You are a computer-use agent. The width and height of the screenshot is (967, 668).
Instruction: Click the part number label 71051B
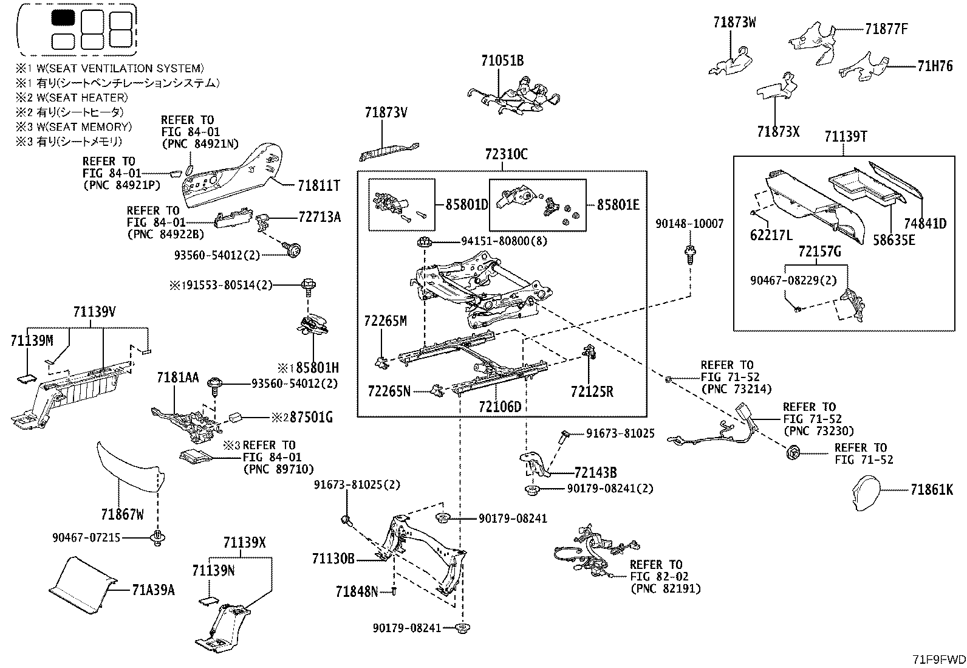pyautogui.click(x=502, y=61)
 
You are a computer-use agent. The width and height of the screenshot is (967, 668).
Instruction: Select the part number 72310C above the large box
pyautogui.click(x=506, y=154)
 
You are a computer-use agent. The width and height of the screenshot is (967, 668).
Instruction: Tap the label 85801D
pyautogui.click(x=466, y=205)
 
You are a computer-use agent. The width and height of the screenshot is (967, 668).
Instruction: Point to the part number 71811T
pyautogui.click(x=319, y=186)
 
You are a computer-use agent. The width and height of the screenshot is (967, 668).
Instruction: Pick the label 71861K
pyautogui.click(x=932, y=490)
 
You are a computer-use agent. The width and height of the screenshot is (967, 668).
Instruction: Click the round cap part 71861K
pyautogui.click(x=866, y=493)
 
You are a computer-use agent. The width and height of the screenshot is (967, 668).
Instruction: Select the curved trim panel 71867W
pyautogui.click(x=129, y=467)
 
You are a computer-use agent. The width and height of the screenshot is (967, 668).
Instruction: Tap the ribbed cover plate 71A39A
pyautogui.click(x=82, y=585)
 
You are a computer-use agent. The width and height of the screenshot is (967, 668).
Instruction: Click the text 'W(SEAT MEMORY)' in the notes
pyautogui.click(x=84, y=127)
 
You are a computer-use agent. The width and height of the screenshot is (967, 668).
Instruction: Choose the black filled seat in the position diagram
pyautogui.click(x=63, y=18)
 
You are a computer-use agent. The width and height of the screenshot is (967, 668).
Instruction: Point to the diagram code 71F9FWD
pyautogui.click(x=939, y=659)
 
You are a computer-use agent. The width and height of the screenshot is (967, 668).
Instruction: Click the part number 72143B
pyautogui.click(x=595, y=473)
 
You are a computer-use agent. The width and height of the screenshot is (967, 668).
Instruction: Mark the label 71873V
pyautogui.click(x=386, y=113)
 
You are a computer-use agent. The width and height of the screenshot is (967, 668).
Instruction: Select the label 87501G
pyautogui.click(x=311, y=418)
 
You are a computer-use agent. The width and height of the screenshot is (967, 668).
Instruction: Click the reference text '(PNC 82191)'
pyautogui.click(x=665, y=589)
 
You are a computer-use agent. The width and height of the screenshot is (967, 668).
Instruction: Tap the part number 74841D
pyautogui.click(x=925, y=224)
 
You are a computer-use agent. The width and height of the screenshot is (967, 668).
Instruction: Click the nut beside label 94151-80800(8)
pyautogui.click(x=423, y=243)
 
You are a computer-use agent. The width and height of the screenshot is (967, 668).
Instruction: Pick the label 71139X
pyautogui.click(x=244, y=543)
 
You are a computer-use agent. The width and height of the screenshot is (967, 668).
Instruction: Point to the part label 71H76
pyautogui.click(x=935, y=66)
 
